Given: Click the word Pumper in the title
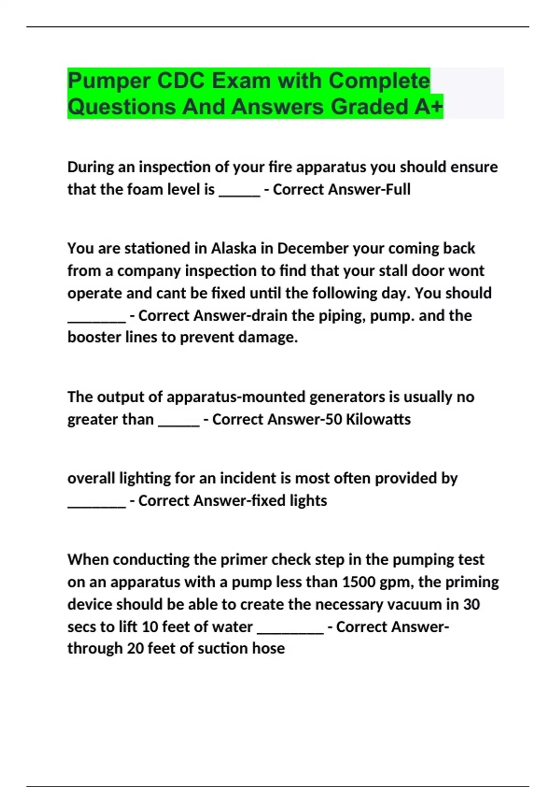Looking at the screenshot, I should click(x=108, y=81).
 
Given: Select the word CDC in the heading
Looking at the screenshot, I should click(x=181, y=81).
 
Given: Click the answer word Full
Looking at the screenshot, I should click(x=398, y=189).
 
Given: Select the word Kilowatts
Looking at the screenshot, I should click(x=378, y=419).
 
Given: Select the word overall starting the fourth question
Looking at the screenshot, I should click(x=91, y=478).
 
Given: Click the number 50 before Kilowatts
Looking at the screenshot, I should click(x=334, y=419).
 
